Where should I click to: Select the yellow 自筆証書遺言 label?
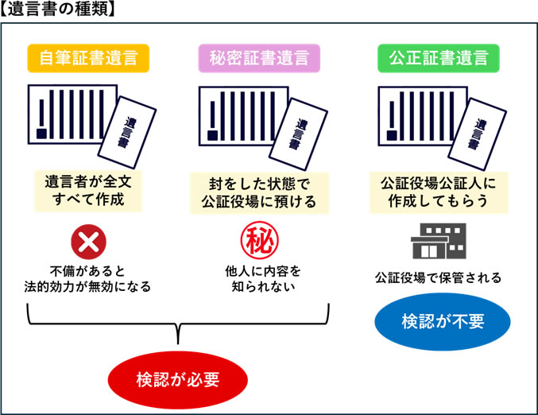[x=88, y=58]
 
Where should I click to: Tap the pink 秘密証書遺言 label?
[x=259, y=58]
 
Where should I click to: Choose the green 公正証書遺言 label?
[x=439, y=58]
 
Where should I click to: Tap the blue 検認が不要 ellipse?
[x=443, y=322]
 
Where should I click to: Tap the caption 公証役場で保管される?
[x=439, y=278]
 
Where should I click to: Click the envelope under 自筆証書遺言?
[x=130, y=128]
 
